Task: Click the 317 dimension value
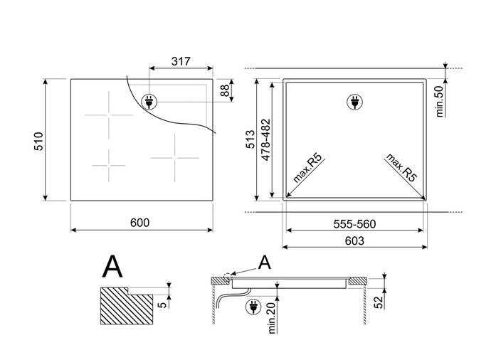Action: pos(181,61)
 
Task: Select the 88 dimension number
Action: pos(225,91)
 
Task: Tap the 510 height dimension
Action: pos(38,142)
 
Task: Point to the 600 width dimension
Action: pos(139,223)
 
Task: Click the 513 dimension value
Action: pos(250,139)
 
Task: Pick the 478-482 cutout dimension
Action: pos(265,139)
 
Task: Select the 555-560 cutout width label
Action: pos(354,224)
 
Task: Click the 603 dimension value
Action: pos(354,240)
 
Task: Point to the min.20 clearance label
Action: pos(271,318)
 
